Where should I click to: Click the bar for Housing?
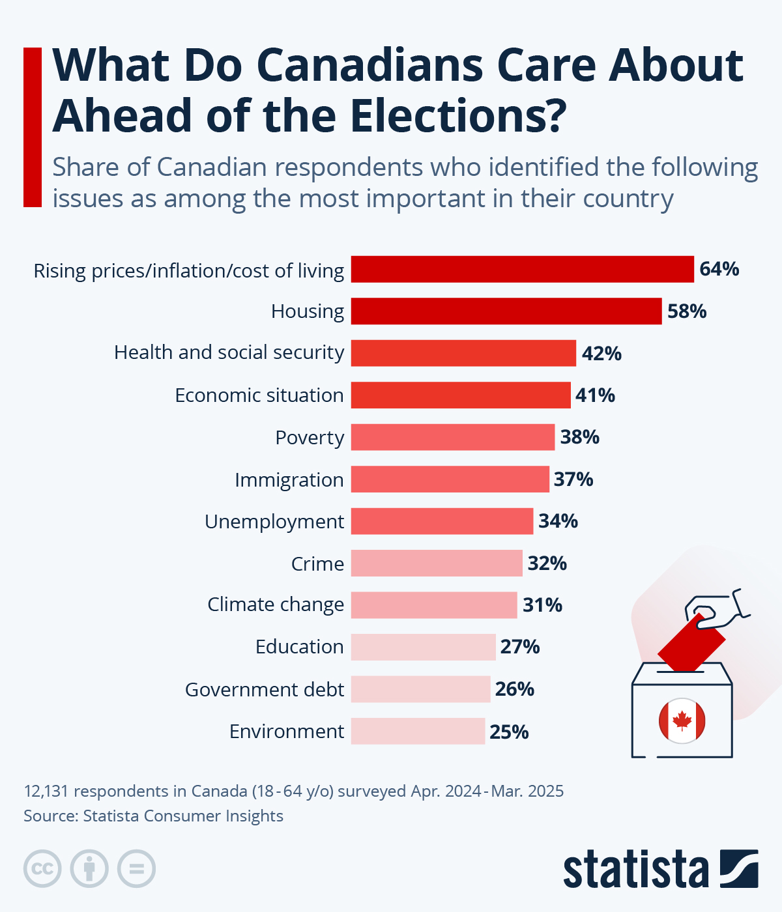click(x=506, y=311)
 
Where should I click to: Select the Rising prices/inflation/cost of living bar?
click(x=523, y=269)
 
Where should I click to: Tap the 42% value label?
click(x=601, y=354)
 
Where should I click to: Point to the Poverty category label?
click(x=310, y=438)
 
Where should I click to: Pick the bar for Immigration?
click(x=450, y=479)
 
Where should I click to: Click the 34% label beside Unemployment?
click(x=558, y=521)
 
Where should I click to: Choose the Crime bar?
click(x=437, y=563)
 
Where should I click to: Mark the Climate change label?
click(x=276, y=605)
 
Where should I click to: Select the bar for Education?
click(x=424, y=647)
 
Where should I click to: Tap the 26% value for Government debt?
click(x=515, y=689)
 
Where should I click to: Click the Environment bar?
click(x=418, y=731)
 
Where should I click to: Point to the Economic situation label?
click(x=259, y=395)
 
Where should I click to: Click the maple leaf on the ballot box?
click(x=682, y=720)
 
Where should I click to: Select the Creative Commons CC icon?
click(x=43, y=868)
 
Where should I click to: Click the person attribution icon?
click(x=90, y=868)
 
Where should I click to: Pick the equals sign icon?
click(x=137, y=868)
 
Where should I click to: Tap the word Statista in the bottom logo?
click(x=636, y=870)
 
